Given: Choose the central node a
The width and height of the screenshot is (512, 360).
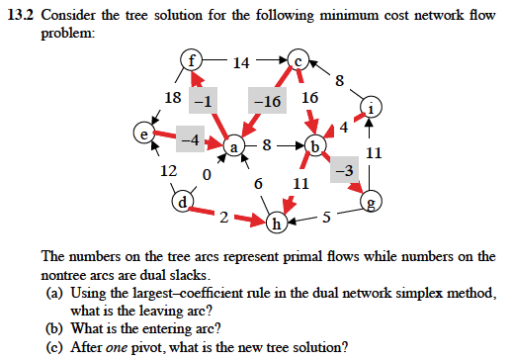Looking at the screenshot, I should point(235,147).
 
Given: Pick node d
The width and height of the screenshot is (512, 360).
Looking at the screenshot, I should point(182,203).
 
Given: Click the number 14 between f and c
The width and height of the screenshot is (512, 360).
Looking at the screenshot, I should point(241,64).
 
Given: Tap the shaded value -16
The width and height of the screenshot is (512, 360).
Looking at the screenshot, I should point(267,101).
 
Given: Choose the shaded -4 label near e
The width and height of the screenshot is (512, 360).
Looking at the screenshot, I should point(191,139).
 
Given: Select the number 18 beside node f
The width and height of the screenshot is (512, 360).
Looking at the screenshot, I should point(172,97).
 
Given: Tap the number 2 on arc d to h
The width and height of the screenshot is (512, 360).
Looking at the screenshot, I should point(225,218).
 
